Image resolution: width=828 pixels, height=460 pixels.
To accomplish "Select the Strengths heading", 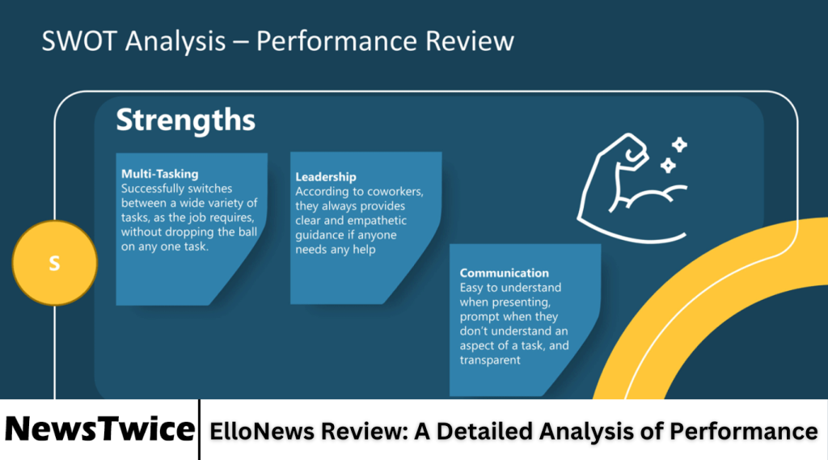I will [x=185, y=120].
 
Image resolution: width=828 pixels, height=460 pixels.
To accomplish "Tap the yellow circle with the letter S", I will [x=54, y=263].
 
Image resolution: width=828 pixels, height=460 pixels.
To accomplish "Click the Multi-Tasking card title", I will [x=159, y=174].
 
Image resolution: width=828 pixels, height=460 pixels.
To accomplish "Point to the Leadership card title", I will [x=326, y=177].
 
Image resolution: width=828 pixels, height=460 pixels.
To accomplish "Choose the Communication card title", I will [x=504, y=273].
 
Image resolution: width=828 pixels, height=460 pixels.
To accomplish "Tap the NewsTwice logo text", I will [x=99, y=428].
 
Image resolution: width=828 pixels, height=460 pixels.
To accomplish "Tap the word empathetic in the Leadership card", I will [x=370, y=221].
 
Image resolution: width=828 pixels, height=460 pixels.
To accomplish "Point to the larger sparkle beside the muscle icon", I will [x=679, y=146].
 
